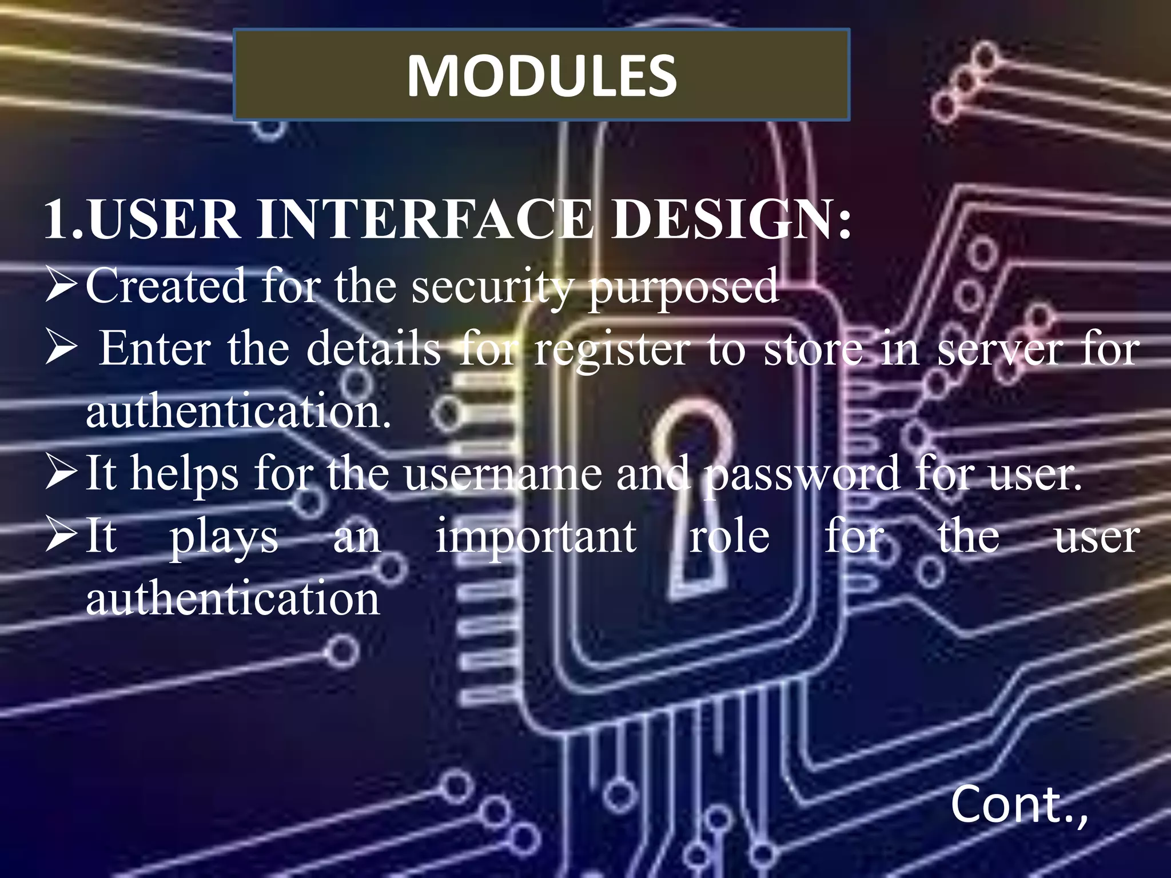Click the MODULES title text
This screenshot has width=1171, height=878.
541,75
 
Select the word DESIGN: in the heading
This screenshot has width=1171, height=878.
731,219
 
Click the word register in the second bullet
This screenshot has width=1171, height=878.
612,350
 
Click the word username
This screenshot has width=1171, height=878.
503,474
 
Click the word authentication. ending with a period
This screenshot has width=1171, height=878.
238,412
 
